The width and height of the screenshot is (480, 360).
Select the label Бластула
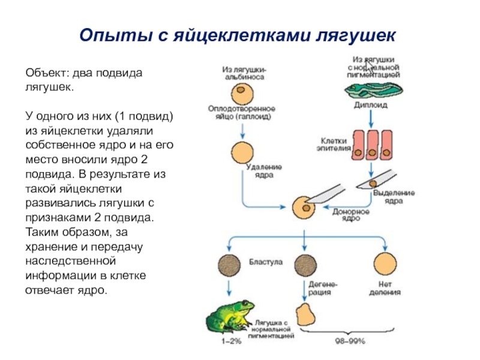pyautogui.click(x=263, y=262)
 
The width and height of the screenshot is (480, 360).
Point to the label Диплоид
pyautogui.click(x=373, y=104)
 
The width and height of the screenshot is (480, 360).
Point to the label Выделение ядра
pyautogui.click(x=393, y=197)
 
